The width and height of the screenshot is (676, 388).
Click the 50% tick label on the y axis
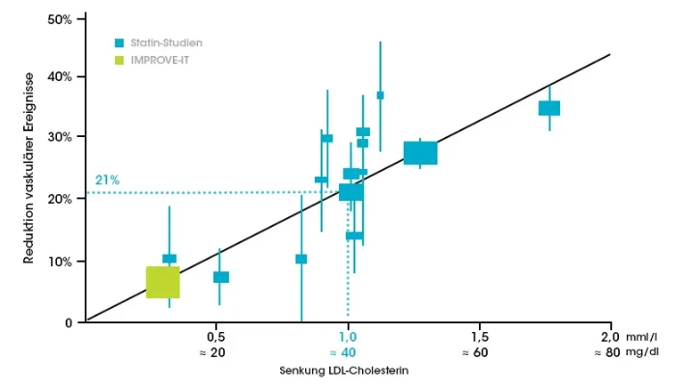pos(60,19)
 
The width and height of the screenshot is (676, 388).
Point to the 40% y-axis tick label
pos(60,76)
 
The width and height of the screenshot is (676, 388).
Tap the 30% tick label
pos(60,137)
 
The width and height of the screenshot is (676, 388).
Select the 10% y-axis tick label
pos(60,261)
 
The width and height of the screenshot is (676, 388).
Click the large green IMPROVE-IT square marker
pos(163,282)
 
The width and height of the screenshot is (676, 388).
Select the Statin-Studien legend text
pos(167,42)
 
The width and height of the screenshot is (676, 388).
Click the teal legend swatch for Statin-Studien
pos(118,42)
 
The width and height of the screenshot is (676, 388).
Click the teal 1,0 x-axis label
pos(348,337)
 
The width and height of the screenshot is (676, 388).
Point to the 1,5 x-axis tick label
pos(479,337)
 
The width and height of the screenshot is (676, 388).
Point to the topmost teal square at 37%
pos(380,95)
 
